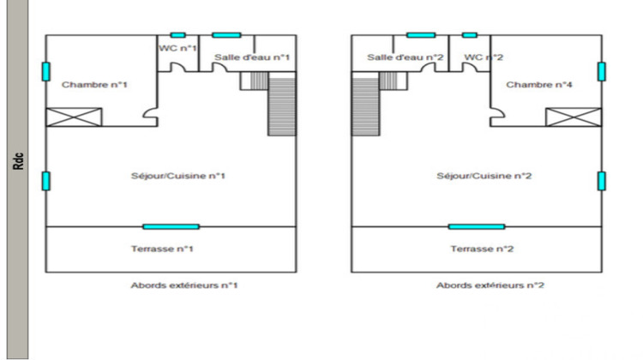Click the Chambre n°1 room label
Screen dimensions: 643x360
(x=94, y=85)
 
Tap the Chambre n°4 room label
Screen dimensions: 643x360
(x=539, y=85)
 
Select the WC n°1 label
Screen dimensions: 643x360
(x=177, y=48)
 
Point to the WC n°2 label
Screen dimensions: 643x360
(x=484, y=57)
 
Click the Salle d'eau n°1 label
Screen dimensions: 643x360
(x=252, y=57)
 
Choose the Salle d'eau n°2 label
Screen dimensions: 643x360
(x=406, y=57)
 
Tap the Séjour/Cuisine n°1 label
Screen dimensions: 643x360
(x=178, y=176)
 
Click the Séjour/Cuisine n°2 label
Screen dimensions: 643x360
(x=484, y=176)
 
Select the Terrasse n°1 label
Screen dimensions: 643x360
(x=162, y=249)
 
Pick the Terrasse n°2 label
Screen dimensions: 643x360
(x=482, y=249)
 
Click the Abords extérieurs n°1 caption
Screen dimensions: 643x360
(x=184, y=285)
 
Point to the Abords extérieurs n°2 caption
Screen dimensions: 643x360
(x=490, y=285)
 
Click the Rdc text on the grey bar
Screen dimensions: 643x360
(x=19, y=161)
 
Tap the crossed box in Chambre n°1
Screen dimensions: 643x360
(x=74, y=117)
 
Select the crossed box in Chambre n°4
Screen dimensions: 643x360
(x=574, y=117)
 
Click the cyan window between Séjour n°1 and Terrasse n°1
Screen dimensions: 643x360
(x=171, y=227)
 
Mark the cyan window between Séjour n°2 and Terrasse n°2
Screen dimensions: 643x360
(x=477, y=227)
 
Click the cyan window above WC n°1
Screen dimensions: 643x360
(x=178, y=35)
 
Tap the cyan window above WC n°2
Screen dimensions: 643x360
(x=470, y=35)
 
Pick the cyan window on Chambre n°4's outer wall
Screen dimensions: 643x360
(x=602, y=72)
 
